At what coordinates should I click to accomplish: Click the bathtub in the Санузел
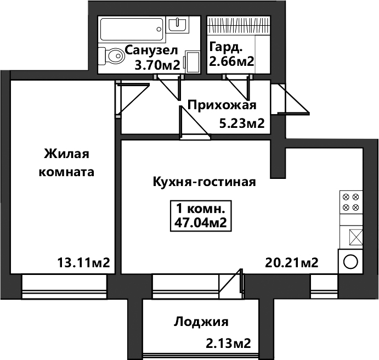coord(132,29)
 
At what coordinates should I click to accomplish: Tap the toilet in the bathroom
coord(112,56)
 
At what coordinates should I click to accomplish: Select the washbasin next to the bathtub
coord(178,24)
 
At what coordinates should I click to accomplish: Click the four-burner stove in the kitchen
coord(351,202)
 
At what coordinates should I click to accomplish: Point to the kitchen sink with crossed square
coord(356,237)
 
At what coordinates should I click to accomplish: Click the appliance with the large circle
coord(350,262)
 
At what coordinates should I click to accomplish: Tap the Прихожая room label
coord(222,105)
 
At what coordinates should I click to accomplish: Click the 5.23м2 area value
coord(241,123)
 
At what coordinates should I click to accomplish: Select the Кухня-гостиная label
coord(204,182)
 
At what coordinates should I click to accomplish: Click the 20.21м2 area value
coord(291,262)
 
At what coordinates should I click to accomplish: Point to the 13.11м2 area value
coord(83,262)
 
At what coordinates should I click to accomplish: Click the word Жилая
coord(66,154)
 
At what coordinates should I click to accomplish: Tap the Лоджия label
coord(201,322)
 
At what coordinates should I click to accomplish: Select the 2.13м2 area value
coord(228,344)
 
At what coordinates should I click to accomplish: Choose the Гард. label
coord(225,47)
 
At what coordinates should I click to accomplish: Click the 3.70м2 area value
coord(157,65)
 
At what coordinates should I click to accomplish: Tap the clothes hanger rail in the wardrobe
coord(239,25)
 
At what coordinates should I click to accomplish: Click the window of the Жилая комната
coord(64,287)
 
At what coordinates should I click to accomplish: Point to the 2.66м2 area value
coord(231,61)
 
